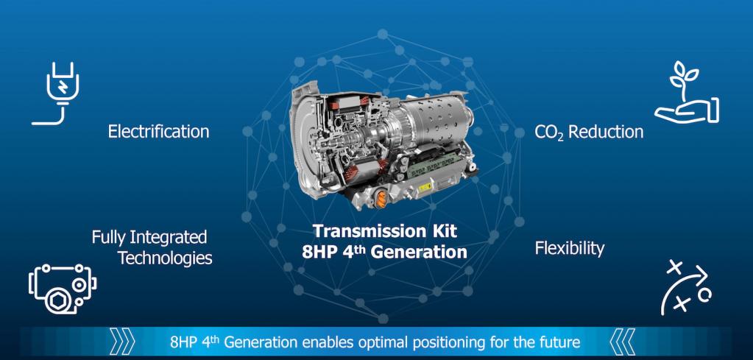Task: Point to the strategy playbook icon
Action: [686, 288]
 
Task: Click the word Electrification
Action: [158, 131]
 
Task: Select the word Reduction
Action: [606, 132]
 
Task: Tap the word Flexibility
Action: [570, 249]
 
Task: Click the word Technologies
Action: [165, 258]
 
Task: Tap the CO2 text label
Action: [549, 132]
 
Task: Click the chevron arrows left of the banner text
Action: [122, 342]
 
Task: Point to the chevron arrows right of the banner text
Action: [623, 342]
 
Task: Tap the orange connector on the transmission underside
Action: [381, 199]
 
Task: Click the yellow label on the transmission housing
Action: [425, 188]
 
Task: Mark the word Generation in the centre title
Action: [419, 252]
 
